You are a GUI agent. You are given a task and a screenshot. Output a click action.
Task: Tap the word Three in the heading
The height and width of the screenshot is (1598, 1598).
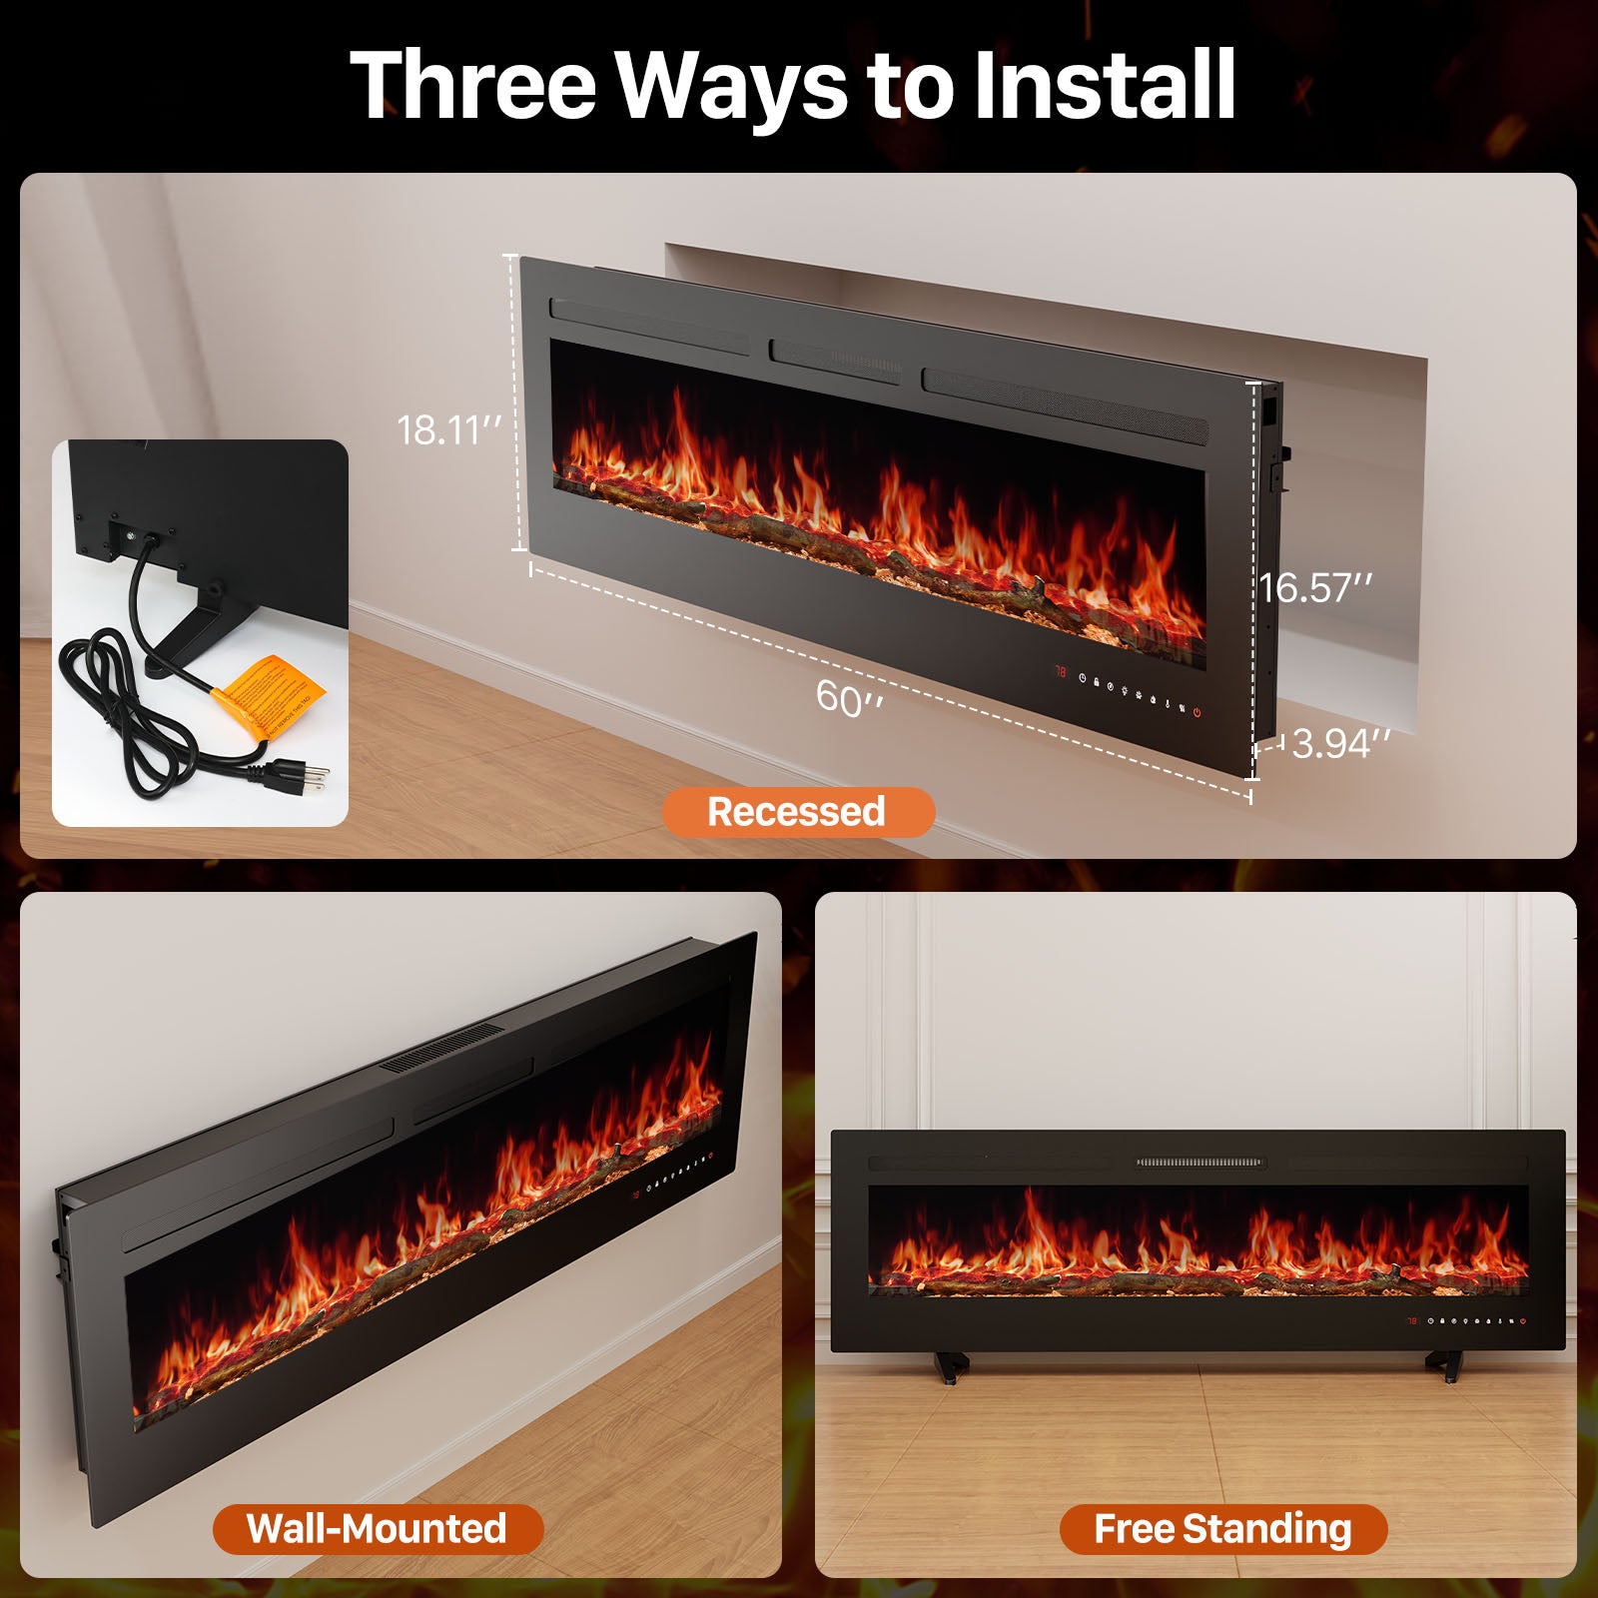point(472,85)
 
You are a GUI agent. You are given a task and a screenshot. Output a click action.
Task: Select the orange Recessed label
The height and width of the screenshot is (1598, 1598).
point(797,812)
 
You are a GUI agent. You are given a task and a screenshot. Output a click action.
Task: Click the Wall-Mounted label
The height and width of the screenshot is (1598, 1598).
point(378,1528)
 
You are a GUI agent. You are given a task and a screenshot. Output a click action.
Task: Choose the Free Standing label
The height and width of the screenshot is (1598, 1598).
point(1222,1528)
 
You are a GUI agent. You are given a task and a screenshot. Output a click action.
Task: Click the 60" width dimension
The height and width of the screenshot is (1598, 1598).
point(849,697)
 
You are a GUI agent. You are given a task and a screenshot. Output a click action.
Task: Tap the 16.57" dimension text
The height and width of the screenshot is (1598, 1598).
point(1315,588)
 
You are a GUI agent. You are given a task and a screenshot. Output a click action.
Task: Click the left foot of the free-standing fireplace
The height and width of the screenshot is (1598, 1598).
point(951,1365)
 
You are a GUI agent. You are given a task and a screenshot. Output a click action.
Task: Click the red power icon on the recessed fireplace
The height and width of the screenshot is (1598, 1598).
point(1197,713)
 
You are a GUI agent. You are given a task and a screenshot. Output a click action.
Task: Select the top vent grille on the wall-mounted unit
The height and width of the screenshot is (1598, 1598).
point(442,1049)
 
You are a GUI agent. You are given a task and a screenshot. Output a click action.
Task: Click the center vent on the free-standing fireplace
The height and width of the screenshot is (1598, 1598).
point(1199,1163)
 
